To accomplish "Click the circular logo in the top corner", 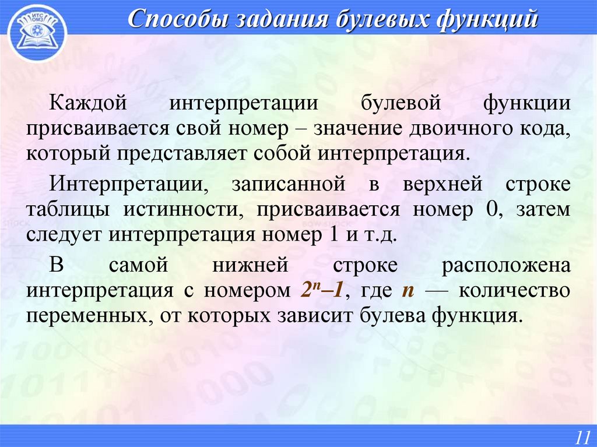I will (37, 32).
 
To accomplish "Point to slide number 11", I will (582, 436).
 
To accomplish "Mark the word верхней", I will (442, 184).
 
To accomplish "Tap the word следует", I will (64, 235).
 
